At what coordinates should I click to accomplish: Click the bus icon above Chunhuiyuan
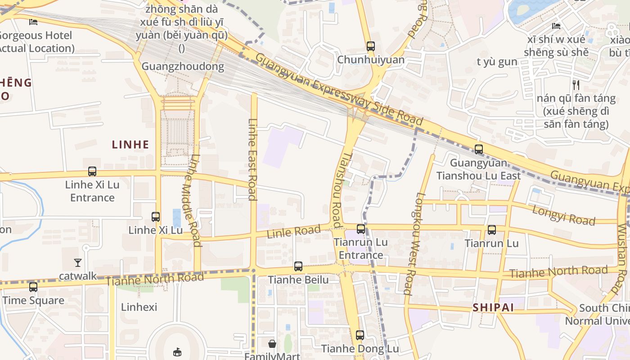(x=370, y=46)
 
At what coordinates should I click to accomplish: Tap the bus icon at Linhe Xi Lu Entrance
(x=92, y=171)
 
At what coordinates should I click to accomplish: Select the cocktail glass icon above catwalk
(x=78, y=262)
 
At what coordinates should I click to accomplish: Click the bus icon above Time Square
(x=33, y=287)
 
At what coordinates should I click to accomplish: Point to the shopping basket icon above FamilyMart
(x=272, y=344)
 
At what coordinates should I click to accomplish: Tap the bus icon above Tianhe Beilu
(x=298, y=266)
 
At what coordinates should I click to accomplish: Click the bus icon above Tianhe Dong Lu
(x=360, y=335)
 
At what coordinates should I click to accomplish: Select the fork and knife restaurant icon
(x=576, y=84)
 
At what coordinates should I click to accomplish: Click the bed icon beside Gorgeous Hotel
(x=33, y=21)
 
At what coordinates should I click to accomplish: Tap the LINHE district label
(x=130, y=144)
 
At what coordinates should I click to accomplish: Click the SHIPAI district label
(x=493, y=307)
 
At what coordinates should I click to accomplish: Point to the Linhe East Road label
(x=252, y=159)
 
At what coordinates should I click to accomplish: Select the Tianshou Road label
(x=336, y=189)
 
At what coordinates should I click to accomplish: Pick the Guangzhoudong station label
(x=183, y=67)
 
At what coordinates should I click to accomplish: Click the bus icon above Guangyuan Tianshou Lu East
(x=479, y=149)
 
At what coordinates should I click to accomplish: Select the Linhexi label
(x=139, y=307)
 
